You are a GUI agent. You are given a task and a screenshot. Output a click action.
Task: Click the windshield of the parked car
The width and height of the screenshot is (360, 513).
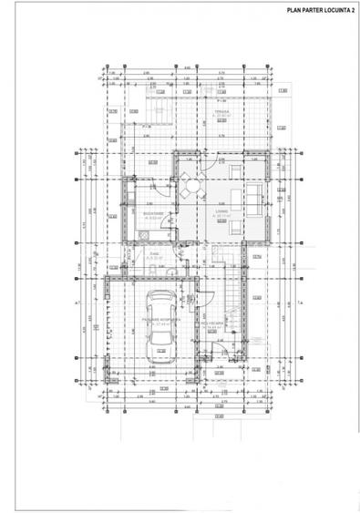click(x=160, y=313)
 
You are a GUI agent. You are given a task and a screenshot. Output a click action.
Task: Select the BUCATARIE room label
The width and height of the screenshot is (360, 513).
click(x=152, y=215)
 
